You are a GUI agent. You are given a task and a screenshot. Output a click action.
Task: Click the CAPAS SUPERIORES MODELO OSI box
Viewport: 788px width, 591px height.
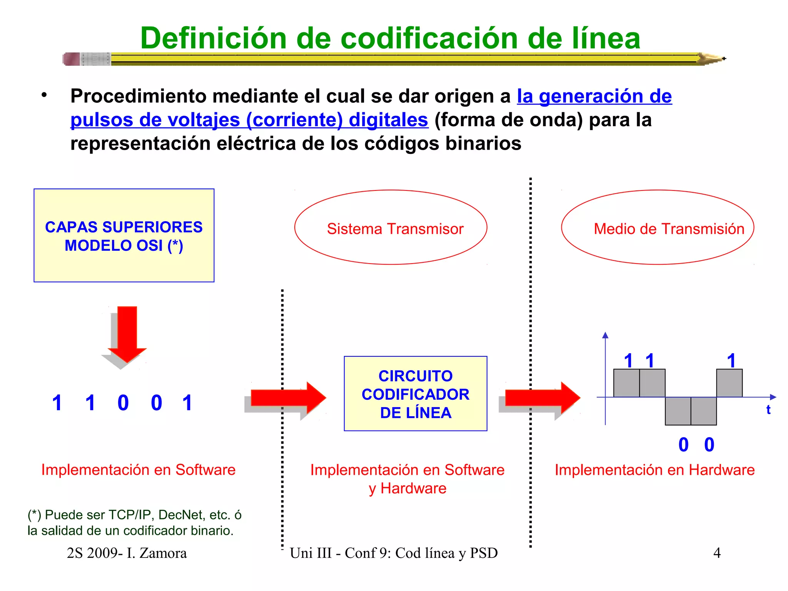click(124, 235)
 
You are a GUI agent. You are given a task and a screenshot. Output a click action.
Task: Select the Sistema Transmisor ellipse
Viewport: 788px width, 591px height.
click(391, 227)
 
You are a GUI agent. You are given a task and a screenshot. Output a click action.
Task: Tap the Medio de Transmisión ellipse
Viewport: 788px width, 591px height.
click(657, 227)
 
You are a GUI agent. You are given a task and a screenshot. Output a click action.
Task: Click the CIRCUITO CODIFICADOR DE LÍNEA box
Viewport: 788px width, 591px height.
click(416, 394)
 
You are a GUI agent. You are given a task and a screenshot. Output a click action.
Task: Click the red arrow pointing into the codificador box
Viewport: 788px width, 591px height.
click(289, 398)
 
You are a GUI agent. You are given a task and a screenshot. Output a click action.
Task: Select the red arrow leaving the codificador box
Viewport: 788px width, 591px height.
click(543, 398)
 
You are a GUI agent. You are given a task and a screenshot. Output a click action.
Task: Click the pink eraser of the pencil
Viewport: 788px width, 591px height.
click(71, 59)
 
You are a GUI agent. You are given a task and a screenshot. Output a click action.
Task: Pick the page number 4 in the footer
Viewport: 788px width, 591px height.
click(717, 553)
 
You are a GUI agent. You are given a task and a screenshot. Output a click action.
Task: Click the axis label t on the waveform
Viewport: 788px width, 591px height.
click(768, 409)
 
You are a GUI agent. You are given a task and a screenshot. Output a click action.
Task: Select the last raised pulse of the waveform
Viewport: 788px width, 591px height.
click(729, 383)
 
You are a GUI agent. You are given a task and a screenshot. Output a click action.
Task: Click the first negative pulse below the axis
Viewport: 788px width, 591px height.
click(678, 411)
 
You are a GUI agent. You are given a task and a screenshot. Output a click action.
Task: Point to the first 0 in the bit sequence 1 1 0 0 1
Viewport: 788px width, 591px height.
click(123, 403)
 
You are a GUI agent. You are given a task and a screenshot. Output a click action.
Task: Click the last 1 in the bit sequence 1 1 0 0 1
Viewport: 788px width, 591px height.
click(187, 403)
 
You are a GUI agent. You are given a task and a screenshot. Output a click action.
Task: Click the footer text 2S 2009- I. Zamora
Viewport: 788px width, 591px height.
click(127, 553)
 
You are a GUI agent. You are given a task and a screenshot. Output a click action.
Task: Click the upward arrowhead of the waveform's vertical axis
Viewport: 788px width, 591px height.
click(605, 335)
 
